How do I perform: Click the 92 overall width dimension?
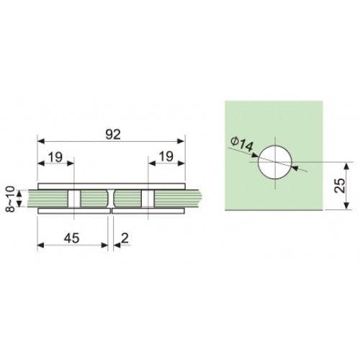(x=113, y=135)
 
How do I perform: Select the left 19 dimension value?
(x=55, y=157)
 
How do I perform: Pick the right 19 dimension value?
(x=166, y=157)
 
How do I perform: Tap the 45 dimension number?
(x=71, y=238)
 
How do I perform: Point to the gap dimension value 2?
(x=125, y=238)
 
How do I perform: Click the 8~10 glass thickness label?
(x=10, y=199)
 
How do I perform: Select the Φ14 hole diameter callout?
(x=242, y=145)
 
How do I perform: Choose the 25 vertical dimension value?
(x=340, y=186)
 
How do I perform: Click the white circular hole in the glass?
(x=275, y=162)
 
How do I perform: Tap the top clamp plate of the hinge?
(x=112, y=186)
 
